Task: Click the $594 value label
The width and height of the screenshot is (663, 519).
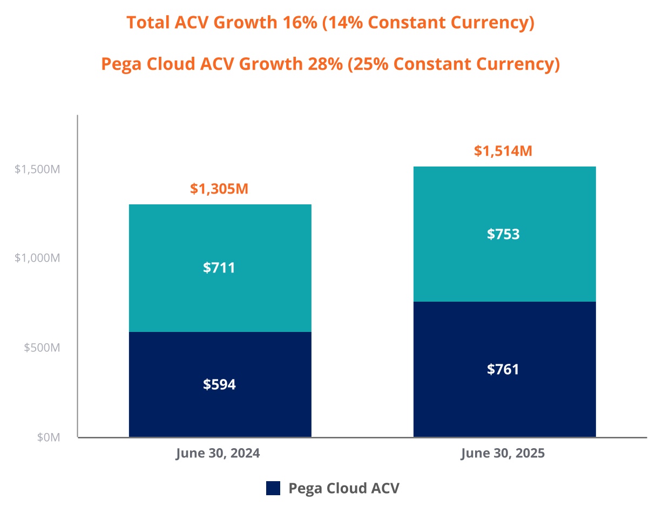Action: click(x=219, y=384)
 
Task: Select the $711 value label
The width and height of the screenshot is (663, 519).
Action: click(x=219, y=268)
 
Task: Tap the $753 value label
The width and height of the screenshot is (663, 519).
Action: click(x=503, y=234)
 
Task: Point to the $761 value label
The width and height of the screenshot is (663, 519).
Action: click(x=503, y=369)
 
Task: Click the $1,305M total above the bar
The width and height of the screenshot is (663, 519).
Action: click(x=219, y=189)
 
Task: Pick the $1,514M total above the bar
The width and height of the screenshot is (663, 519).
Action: click(x=503, y=151)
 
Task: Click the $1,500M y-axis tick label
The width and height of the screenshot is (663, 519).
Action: click(x=37, y=169)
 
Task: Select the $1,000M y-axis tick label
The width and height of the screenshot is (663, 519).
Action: click(x=37, y=258)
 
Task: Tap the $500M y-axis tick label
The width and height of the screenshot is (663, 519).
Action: click(x=42, y=347)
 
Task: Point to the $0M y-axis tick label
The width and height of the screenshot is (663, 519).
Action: click(x=49, y=437)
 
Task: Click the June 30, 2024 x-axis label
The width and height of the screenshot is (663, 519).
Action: click(x=218, y=453)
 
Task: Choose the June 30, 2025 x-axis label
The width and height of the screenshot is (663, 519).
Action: click(x=503, y=453)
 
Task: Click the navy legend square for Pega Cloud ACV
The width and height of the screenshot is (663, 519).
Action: click(x=273, y=488)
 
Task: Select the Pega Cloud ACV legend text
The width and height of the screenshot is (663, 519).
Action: click(x=344, y=488)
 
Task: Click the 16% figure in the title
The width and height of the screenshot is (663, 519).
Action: click(x=301, y=23)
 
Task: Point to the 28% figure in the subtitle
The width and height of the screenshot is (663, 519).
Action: click(x=324, y=64)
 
